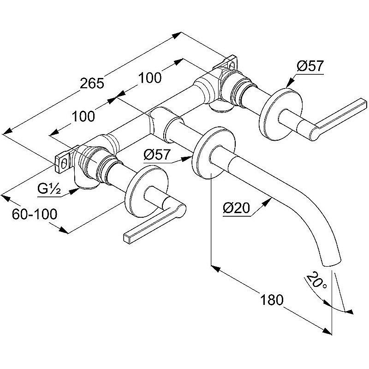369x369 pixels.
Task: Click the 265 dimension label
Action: tap(92, 83)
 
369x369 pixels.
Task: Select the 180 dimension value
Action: tap(272, 300)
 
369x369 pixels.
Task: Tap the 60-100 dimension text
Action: tap(35, 214)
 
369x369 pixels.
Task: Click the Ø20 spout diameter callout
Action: tap(236, 208)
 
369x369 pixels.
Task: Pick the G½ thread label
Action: tap(49, 189)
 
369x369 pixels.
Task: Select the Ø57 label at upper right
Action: tap(310, 65)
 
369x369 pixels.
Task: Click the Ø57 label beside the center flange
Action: tap(157, 155)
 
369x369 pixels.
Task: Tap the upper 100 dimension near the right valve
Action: tap(149, 77)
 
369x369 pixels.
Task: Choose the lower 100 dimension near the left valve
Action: tap(83, 116)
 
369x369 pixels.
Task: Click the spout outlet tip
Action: tap(332, 263)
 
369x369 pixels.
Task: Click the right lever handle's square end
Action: tap(363, 102)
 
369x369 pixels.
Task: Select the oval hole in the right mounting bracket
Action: tap(232, 65)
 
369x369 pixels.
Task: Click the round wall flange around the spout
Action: tap(213, 153)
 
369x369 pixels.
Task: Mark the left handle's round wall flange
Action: tap(146, 190)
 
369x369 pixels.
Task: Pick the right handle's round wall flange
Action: tap(280, 114)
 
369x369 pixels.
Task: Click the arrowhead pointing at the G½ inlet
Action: tap(74, 191)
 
